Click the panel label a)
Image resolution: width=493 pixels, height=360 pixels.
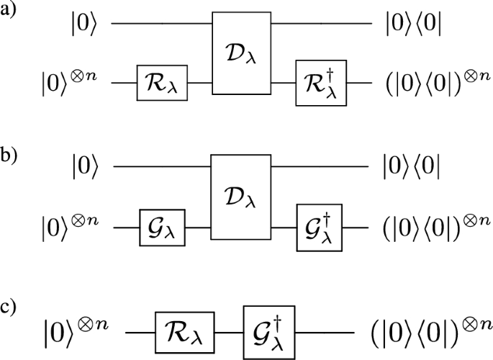[11, 12]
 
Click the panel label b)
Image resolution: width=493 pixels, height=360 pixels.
[11, 157]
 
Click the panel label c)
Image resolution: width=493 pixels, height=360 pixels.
[11, 306]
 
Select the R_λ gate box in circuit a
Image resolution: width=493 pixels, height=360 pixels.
[163, 84]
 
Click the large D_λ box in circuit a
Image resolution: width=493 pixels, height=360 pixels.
[241, 54]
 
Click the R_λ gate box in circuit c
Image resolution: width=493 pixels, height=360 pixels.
[186, 333]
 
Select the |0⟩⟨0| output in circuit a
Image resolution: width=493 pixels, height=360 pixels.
[414, 27]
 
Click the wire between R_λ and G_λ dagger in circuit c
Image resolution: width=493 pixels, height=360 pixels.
[230, 333]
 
